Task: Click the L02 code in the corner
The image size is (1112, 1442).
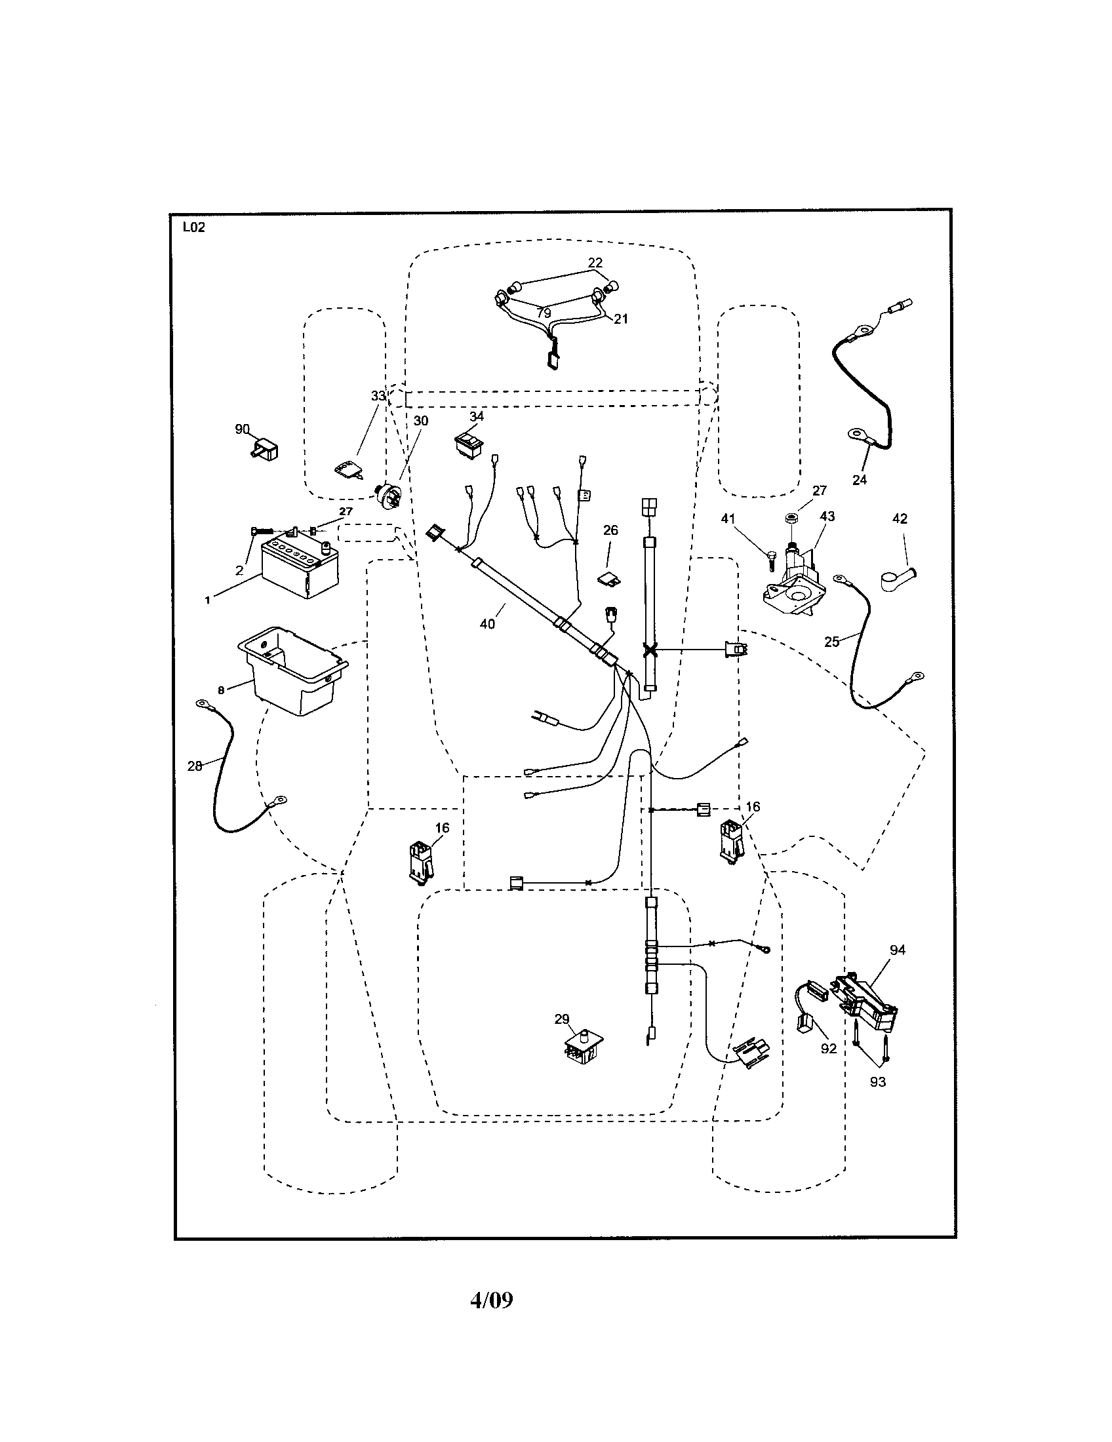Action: click(x=193, y=228)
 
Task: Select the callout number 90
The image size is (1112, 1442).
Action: click(x=243, y=429)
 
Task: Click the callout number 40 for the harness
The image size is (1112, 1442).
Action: click(x=487, y=623)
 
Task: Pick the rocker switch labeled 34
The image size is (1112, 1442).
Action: click(x=469, y=444)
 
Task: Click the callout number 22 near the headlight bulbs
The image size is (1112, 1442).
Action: click(x=595, y=263)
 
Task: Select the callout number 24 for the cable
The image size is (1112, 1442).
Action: click(x=859, y=480)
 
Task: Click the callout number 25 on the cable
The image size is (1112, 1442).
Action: click(x=831, y=641)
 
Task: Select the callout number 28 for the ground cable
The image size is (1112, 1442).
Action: click(x=195, y=766)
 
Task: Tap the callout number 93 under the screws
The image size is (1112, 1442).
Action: click(x=877, y=1081)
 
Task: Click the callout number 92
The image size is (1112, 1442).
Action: click(x=828, y=1049)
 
